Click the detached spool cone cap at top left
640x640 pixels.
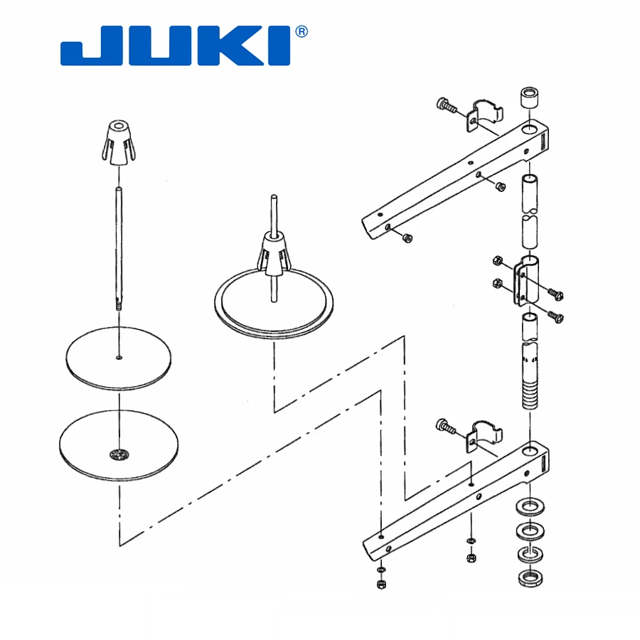(118, 143)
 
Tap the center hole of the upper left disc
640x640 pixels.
(119, 357)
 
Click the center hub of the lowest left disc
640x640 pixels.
(118, 454)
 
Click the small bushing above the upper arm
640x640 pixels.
(530, 97)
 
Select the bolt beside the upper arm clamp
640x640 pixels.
(446, 105)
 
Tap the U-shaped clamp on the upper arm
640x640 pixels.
(485, 115)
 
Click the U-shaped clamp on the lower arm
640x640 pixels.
(485, 434)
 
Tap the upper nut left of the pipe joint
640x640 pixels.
(498, 261)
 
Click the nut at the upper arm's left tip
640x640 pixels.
(407, 238)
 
